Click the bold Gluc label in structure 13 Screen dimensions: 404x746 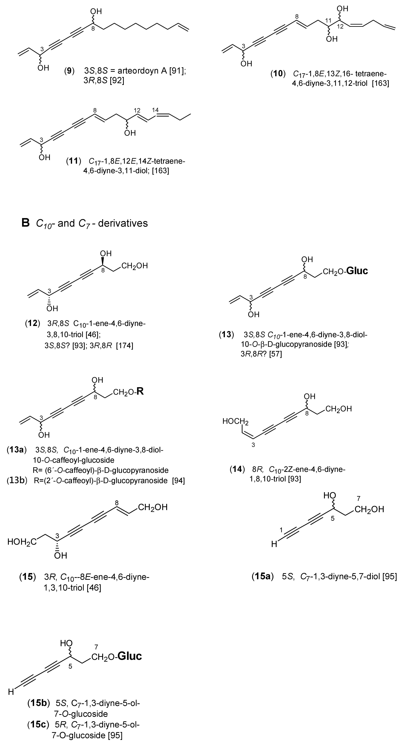[357, 271]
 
